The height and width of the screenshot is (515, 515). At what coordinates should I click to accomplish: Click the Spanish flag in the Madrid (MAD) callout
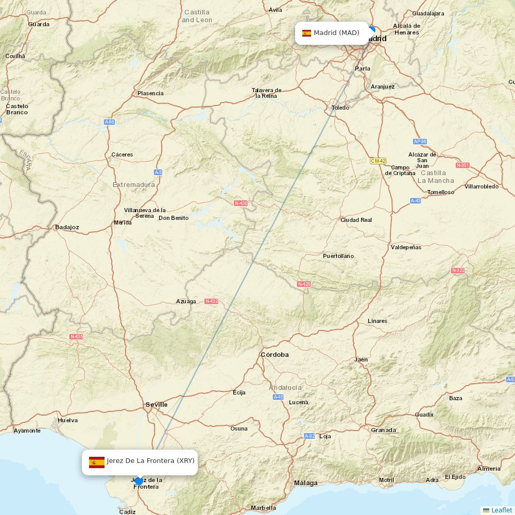pos(306,33)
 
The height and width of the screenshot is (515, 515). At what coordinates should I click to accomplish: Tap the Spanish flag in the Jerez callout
pos(96,461)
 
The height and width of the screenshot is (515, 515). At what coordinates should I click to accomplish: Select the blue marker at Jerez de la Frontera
pos(139,481)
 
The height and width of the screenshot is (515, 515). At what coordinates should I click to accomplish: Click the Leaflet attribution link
pos(501,510)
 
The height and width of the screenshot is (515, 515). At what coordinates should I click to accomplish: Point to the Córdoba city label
pos(274,354)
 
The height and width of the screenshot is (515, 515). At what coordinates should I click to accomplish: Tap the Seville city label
pos(157,404)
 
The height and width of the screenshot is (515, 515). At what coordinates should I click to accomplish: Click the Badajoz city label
pos(67,227)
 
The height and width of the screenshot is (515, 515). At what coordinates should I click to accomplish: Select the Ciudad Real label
pos(356,220)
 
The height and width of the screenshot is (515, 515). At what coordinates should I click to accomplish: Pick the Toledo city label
pos(340,108)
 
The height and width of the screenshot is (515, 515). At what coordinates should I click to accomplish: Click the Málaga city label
pos(306,483)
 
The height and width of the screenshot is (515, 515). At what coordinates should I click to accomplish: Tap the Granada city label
pos(384,430)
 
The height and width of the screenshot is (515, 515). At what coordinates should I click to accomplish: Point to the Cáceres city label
pos(122,154)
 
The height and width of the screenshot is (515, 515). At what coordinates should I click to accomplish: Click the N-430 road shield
pos(241,203)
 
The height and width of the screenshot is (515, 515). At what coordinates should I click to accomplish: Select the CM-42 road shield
pos(378,161)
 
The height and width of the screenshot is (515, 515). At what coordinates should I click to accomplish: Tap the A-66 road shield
pos(109,122)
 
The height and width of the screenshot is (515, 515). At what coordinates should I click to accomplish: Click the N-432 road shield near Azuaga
pos(211,301)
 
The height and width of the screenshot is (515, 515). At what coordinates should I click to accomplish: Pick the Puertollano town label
pos(338,256)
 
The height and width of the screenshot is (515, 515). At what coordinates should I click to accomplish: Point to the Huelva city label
pos(67,420)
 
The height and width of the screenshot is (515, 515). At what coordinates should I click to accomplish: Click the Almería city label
pos(489,469)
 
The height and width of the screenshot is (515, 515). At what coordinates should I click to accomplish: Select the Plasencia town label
pos(150,93)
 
